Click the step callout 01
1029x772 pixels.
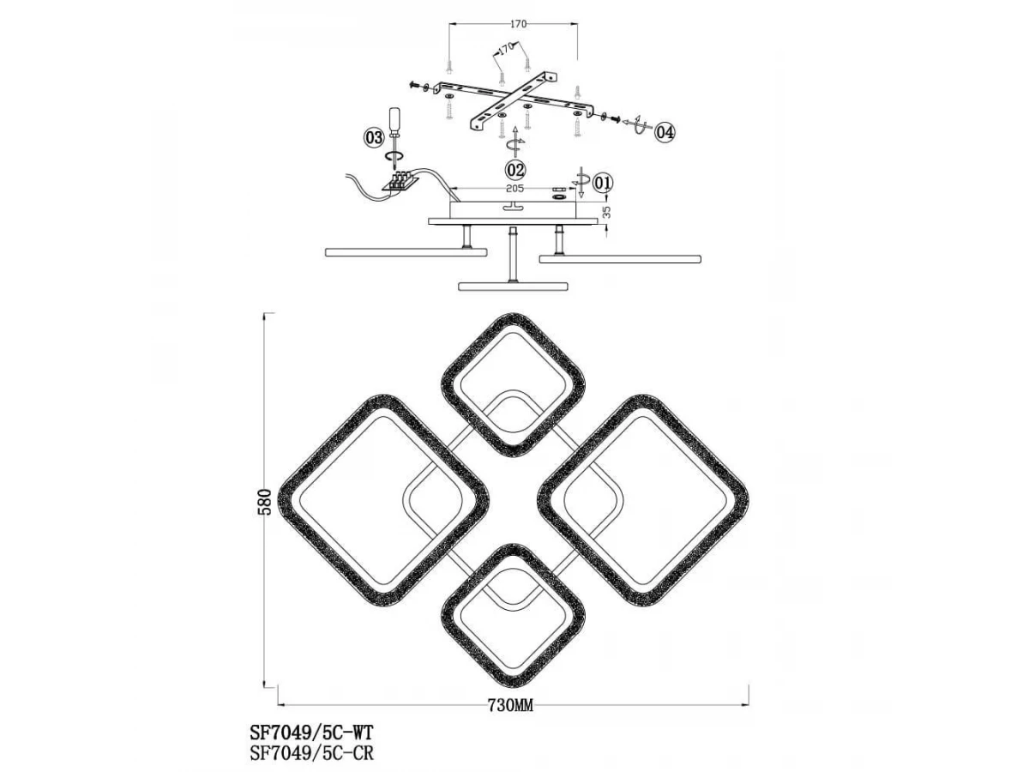pyautogui.click(x=603, y=182)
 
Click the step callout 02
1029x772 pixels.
pyautogui.click(x=514, y=169)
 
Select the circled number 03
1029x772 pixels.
pyautogui.click(x=374, y=138)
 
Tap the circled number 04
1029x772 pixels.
pyautogui.click(x=665, y=133)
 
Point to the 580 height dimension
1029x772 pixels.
pyautogui.click(x=265, y=502)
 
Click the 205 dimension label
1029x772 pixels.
pyautogui.click(x=514, y=189)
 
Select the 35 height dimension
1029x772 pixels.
pyautogui.click(x=607, y=213)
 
